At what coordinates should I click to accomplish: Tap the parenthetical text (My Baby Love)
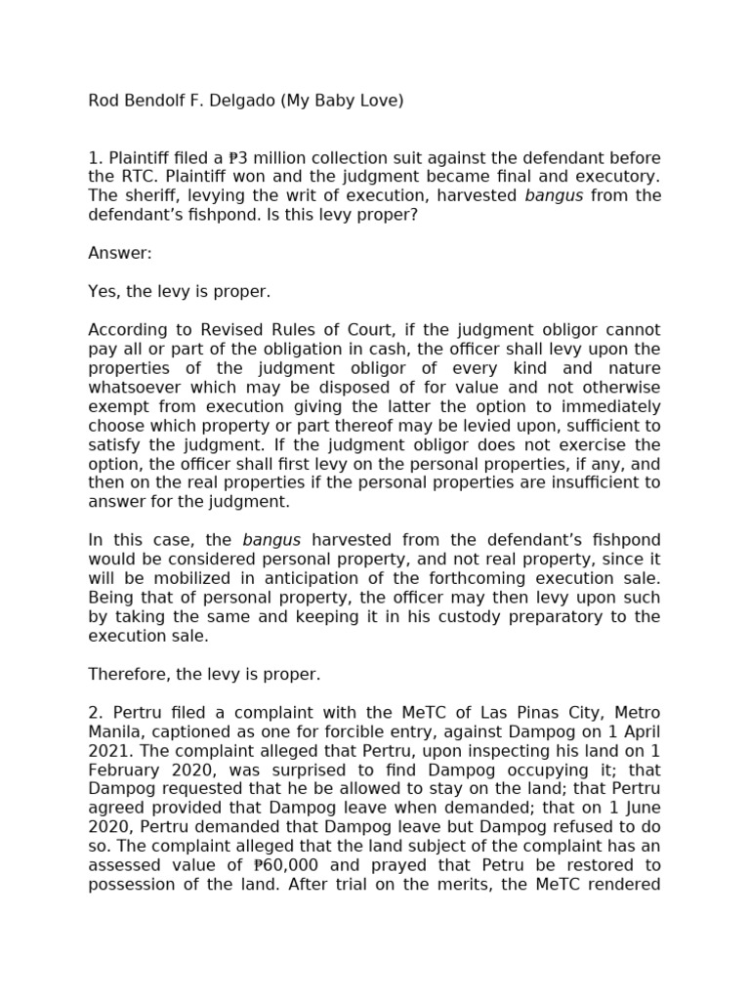click(x=342, y=101)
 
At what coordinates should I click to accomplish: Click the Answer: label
click(x=120, y=253)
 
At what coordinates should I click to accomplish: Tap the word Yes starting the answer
click(x=103, y=291)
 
